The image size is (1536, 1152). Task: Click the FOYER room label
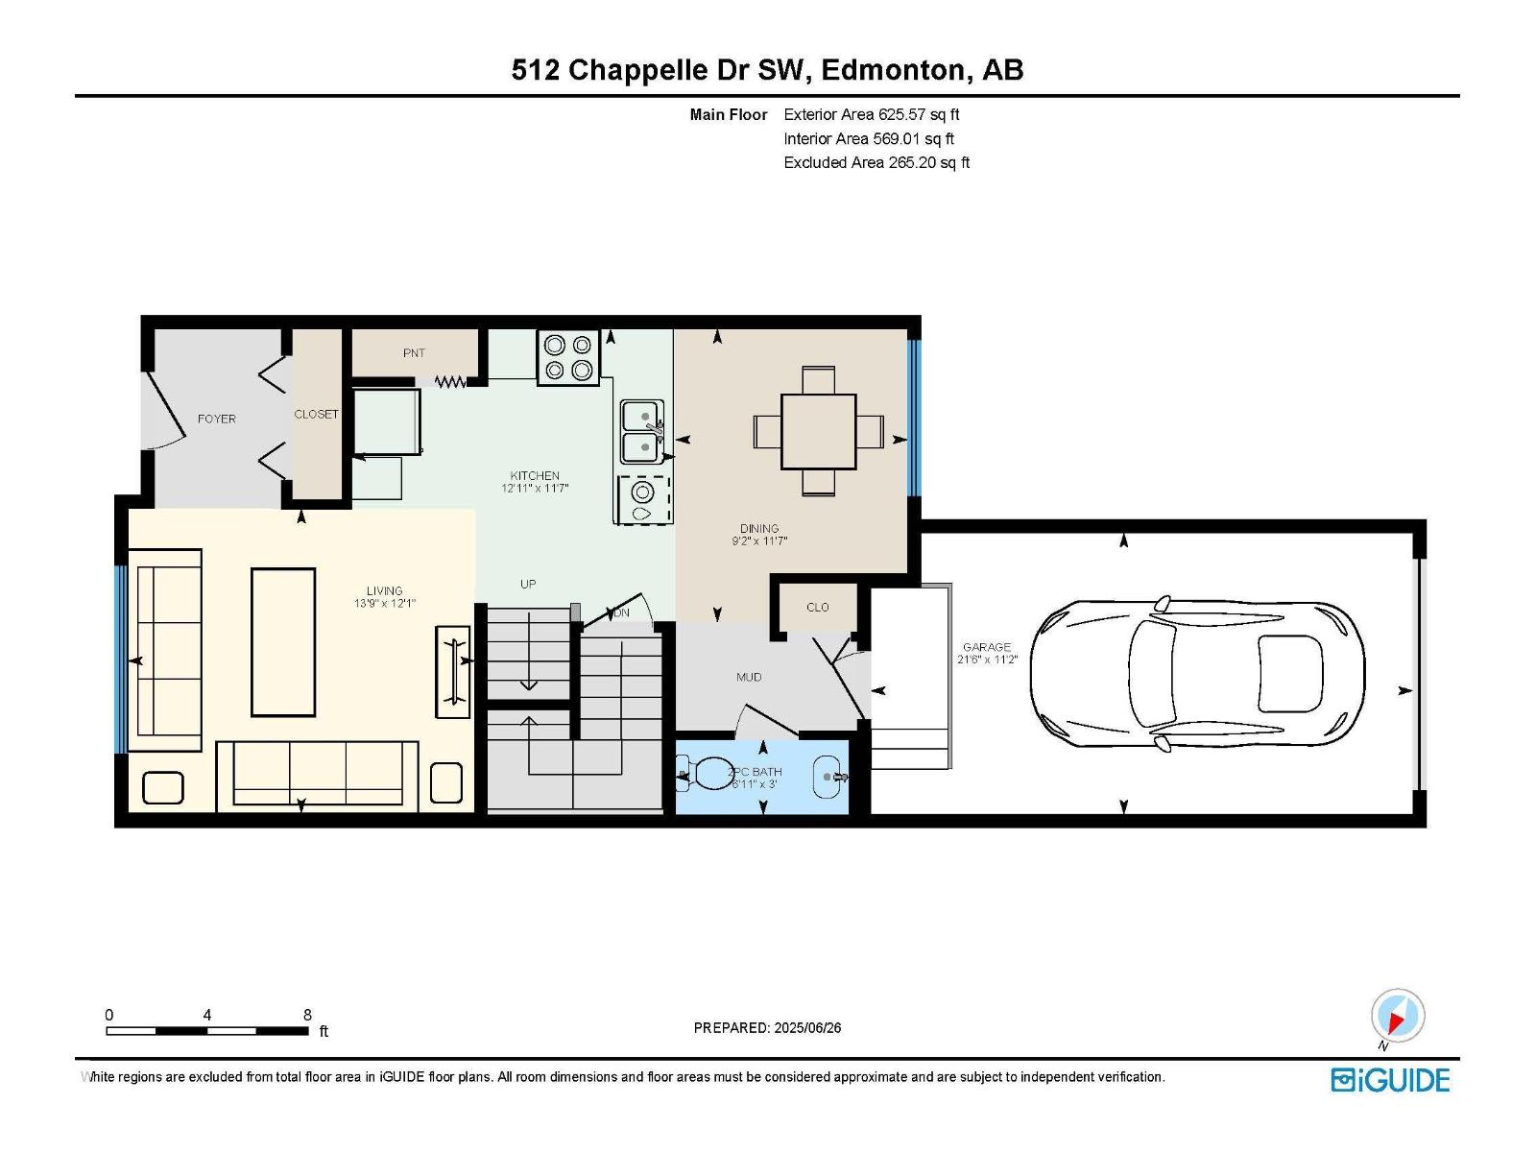216,419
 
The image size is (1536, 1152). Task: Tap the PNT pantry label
414,353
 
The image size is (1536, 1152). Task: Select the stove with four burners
568,357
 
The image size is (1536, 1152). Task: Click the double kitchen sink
641,432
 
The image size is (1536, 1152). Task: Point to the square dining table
819,432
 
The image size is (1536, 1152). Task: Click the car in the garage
1196,674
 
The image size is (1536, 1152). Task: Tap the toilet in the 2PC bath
706,775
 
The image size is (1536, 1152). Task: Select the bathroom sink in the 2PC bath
830,777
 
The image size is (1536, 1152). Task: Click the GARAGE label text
987,647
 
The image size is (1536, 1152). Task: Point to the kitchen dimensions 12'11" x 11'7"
535,489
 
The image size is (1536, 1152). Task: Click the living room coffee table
282,642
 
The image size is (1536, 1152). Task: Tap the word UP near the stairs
528,584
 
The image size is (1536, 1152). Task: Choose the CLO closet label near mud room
817,607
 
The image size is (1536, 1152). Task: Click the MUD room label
749,677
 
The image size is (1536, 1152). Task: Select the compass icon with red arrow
1398,1015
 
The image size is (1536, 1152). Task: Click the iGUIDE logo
1390,1080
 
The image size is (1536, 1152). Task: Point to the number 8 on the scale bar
307,1014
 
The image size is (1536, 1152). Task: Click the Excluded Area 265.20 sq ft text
876,163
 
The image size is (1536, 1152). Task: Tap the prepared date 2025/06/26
807,1027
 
